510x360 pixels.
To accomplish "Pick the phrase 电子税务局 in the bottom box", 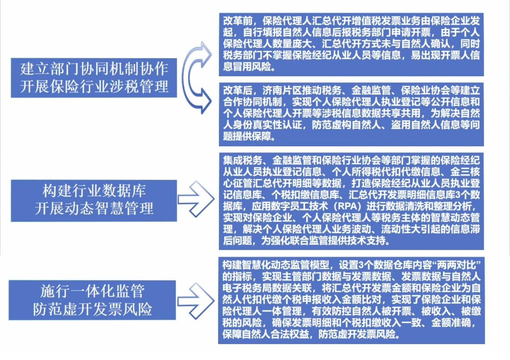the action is click(247, 288).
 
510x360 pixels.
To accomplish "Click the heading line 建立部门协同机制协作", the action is click(94, 69).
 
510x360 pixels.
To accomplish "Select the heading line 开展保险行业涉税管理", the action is click(94, 87).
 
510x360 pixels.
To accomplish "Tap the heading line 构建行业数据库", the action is click(94, 191).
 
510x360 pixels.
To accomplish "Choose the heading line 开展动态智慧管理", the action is click(94, 208).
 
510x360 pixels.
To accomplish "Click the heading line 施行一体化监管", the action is click(92, 292).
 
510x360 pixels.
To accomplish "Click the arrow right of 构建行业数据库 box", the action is click(196, 199).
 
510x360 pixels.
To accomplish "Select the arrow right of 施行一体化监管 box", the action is click(196, 301).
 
